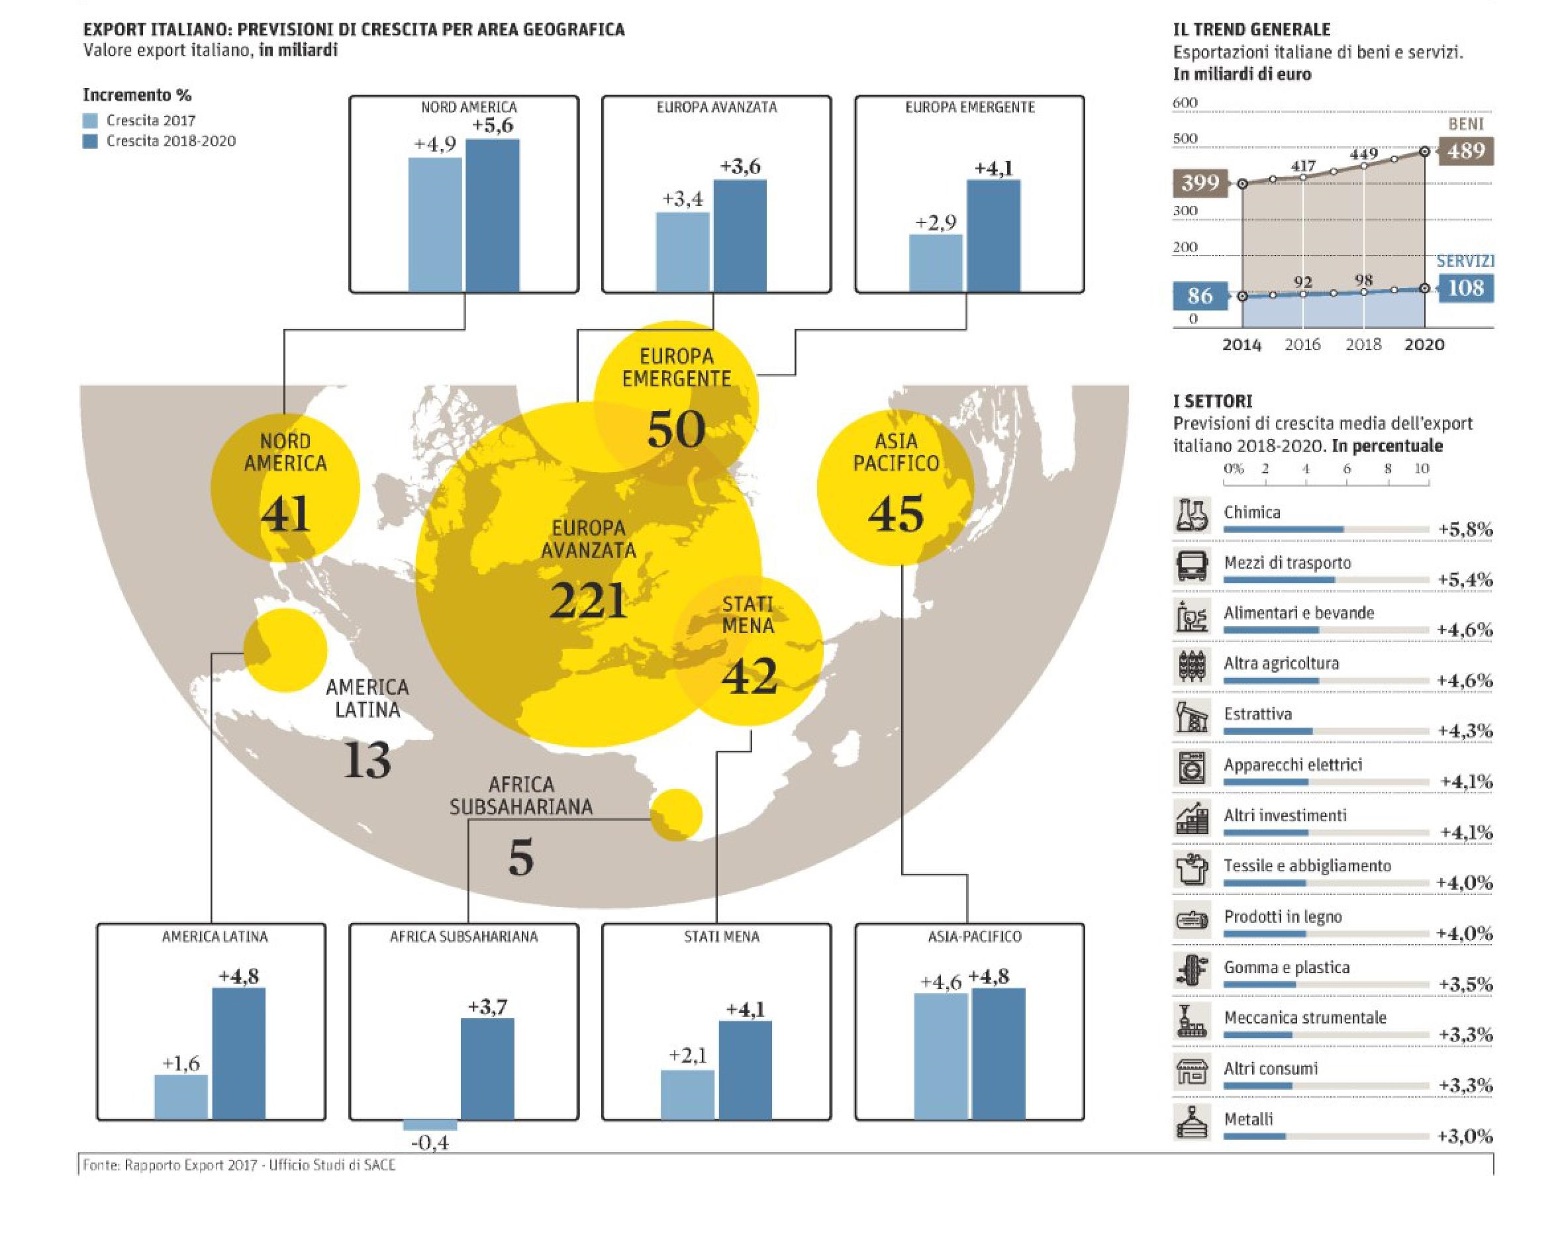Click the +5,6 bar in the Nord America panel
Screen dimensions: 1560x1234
coord(492,215)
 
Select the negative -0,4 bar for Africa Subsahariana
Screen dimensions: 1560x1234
coord(430,1125)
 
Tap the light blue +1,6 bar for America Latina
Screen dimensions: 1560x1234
coord(181,1097)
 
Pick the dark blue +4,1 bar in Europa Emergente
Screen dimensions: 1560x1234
coord(993,236)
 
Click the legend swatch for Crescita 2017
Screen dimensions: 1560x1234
coord(90,120)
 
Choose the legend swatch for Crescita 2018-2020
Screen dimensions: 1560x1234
coord(90,141)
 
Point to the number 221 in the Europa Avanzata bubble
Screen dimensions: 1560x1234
coord(587,600)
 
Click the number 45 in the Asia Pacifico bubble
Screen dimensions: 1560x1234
coord(896,514)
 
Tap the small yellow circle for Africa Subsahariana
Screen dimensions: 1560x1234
coord(675,814)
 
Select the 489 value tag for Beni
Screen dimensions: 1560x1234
coord(1465,151)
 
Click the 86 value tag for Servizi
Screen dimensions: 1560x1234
coord(1199,295)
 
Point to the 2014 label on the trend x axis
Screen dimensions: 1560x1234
coord(1242,345)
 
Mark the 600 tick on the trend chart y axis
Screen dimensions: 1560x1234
coord(1185,103)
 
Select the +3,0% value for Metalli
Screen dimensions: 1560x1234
coord(1465,1137)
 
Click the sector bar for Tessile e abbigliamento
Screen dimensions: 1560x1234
coord(1265,884)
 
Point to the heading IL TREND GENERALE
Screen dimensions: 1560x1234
coord(1251,30)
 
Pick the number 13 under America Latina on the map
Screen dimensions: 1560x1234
coord(367,760)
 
